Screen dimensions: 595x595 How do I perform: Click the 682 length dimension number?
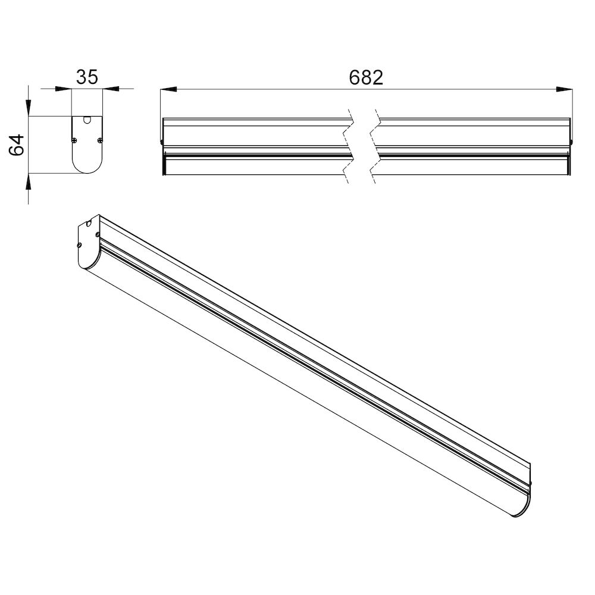point(366,77)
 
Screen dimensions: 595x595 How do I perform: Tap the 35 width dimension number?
point(87,77)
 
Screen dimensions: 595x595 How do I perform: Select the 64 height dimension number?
point(17,145)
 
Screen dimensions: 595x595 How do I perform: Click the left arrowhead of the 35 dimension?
point(64,89)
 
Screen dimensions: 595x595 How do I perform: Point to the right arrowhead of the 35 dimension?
point(111,89)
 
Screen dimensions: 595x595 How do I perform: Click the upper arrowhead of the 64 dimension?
point(29,107)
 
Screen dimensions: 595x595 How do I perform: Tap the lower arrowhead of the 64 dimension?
point(29,181)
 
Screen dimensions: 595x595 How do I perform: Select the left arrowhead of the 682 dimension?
point(168,89)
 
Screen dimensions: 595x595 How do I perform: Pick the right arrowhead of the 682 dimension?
point(564,89)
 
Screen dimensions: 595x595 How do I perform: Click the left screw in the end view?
point(74,140)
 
